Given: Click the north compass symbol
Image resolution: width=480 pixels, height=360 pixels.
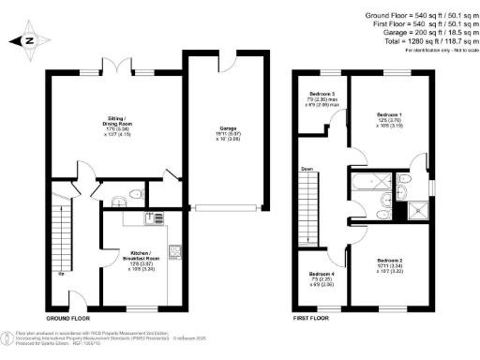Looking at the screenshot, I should tap(28, 40).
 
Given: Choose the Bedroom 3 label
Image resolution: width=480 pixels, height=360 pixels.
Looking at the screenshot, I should tap(322, 98).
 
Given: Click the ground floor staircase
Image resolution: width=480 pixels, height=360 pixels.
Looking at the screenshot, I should tap(65, 234).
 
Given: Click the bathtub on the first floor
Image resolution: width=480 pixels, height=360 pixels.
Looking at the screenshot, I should tap(366, 184).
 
